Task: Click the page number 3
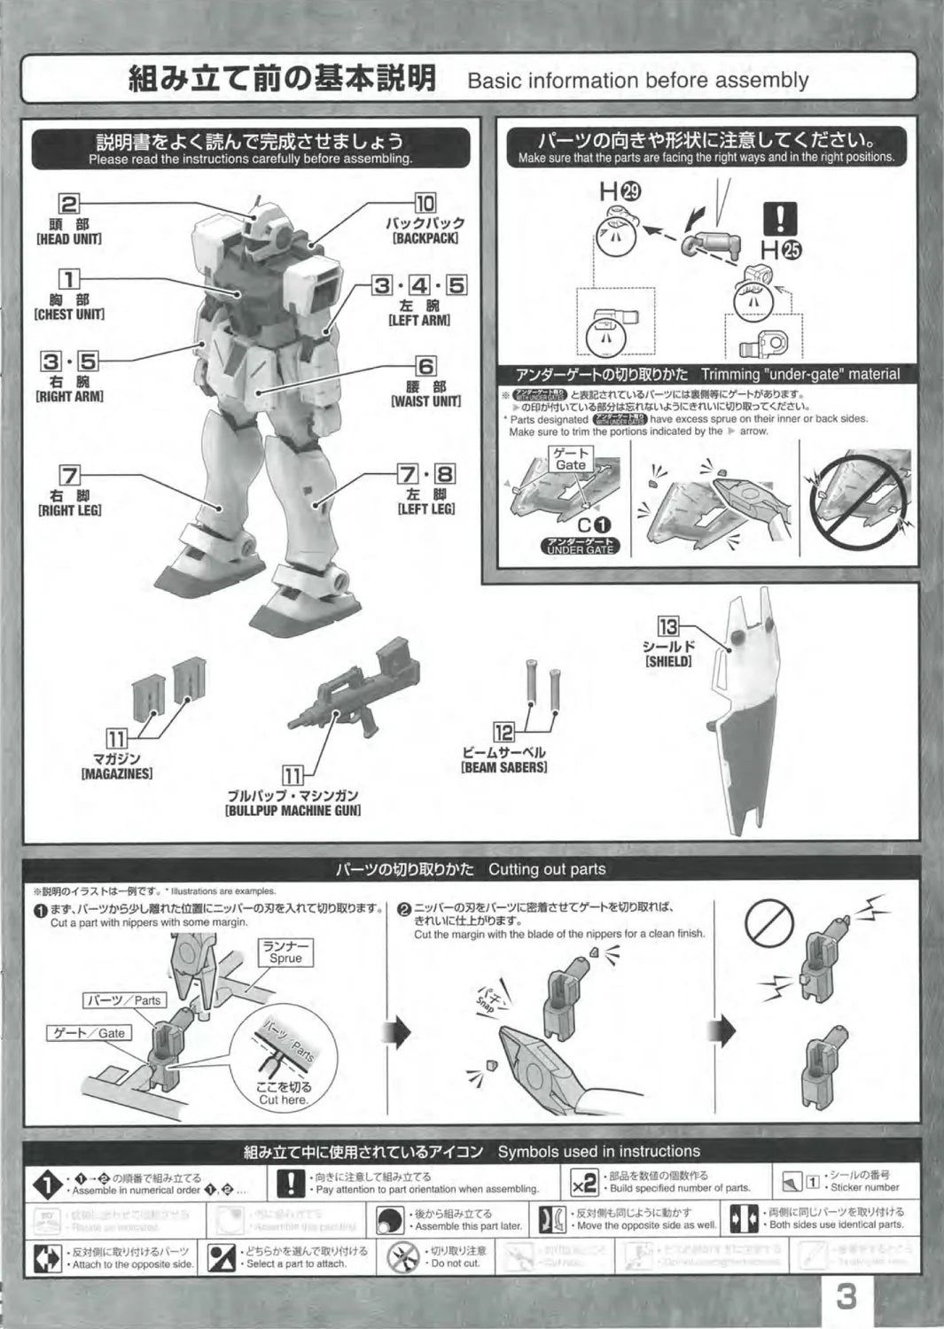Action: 846,1298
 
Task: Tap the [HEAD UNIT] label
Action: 68,240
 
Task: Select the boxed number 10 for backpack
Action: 425,205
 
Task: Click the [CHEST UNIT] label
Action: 68,315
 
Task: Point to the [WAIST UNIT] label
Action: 425,401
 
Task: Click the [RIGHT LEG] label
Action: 68,510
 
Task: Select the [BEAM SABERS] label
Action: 503,767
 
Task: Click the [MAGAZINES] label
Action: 116,773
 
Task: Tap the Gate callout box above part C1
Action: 570,459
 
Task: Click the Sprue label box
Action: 285,952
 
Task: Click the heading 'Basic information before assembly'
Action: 637,81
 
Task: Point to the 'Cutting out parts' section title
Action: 546,869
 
